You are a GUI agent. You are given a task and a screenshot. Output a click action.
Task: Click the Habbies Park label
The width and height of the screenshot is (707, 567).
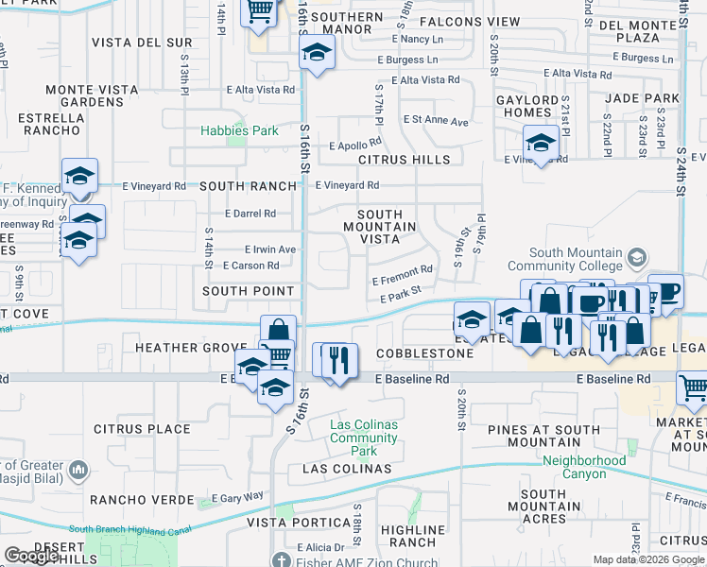(x=238, y=130)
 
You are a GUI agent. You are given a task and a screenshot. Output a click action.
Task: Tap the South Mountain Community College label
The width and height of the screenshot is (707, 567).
(x=576, y=259)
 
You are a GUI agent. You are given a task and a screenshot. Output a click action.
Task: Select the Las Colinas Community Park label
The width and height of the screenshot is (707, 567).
(x=363, y=438)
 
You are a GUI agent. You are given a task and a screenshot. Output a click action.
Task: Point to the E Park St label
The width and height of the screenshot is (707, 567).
(x=399, y=299)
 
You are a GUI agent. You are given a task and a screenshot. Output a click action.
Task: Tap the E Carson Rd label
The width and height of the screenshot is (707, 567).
(x=253, y=266)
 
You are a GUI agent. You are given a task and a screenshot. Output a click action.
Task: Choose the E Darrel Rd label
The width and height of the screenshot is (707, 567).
(x=250, y=214)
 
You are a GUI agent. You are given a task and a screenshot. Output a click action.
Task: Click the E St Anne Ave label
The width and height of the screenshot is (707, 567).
(x=436, y=121)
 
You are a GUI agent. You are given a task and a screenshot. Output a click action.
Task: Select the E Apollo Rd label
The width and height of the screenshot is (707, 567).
(x=354, y=146)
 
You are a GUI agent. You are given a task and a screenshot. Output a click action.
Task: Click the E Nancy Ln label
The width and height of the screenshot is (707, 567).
(x=422, y=39)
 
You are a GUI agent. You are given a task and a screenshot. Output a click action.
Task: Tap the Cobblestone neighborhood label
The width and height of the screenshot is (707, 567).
(x=424, y=353)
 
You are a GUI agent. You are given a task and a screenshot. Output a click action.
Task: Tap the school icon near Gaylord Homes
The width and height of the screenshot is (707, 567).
(x=540, y=145)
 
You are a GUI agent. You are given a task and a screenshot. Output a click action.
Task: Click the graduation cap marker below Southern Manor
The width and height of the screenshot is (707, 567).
(x=317, y=53)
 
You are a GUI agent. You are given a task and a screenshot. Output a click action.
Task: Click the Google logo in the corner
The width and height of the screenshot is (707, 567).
(x=31, y=556)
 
